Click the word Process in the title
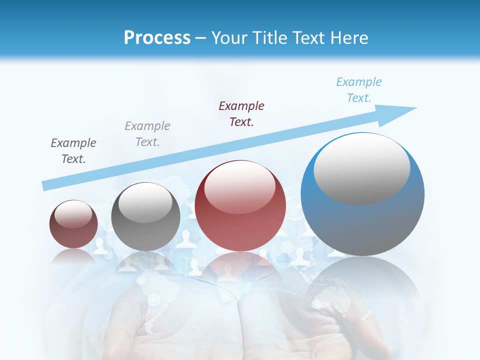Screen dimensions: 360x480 [157, 38]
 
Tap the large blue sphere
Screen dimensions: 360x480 [362, 220]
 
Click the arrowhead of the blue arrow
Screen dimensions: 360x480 [402, 111]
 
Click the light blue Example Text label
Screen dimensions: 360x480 [359, 90]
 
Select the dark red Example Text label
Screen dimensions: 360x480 [241, 114]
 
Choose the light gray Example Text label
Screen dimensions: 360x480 [147, 134]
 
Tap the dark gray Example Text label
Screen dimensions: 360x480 [73, 151]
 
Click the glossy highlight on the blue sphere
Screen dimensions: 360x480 [361, 168]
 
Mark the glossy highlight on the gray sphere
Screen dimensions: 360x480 [145, 202]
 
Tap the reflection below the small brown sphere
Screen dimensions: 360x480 [73, 256]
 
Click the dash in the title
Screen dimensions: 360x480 [201, 38]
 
